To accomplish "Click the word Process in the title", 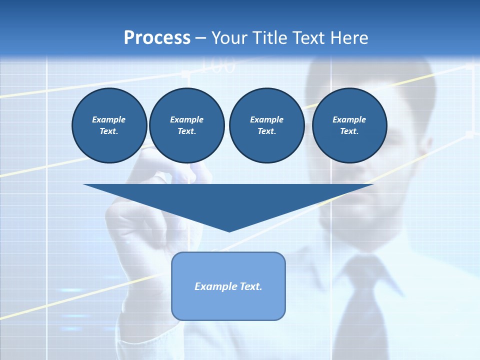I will coord(157,38).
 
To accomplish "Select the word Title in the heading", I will coord(271,38).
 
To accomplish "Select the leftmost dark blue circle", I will coord(109,125).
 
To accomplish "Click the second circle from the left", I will coord(187,125).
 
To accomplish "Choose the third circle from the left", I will coord(266,125).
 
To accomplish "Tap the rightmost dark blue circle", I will coord(349,125).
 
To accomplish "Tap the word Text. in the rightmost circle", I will coord(349,131).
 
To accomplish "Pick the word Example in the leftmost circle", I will coord(109,119).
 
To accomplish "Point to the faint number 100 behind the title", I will coord(218,66).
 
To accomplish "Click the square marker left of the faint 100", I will coord(186,73).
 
